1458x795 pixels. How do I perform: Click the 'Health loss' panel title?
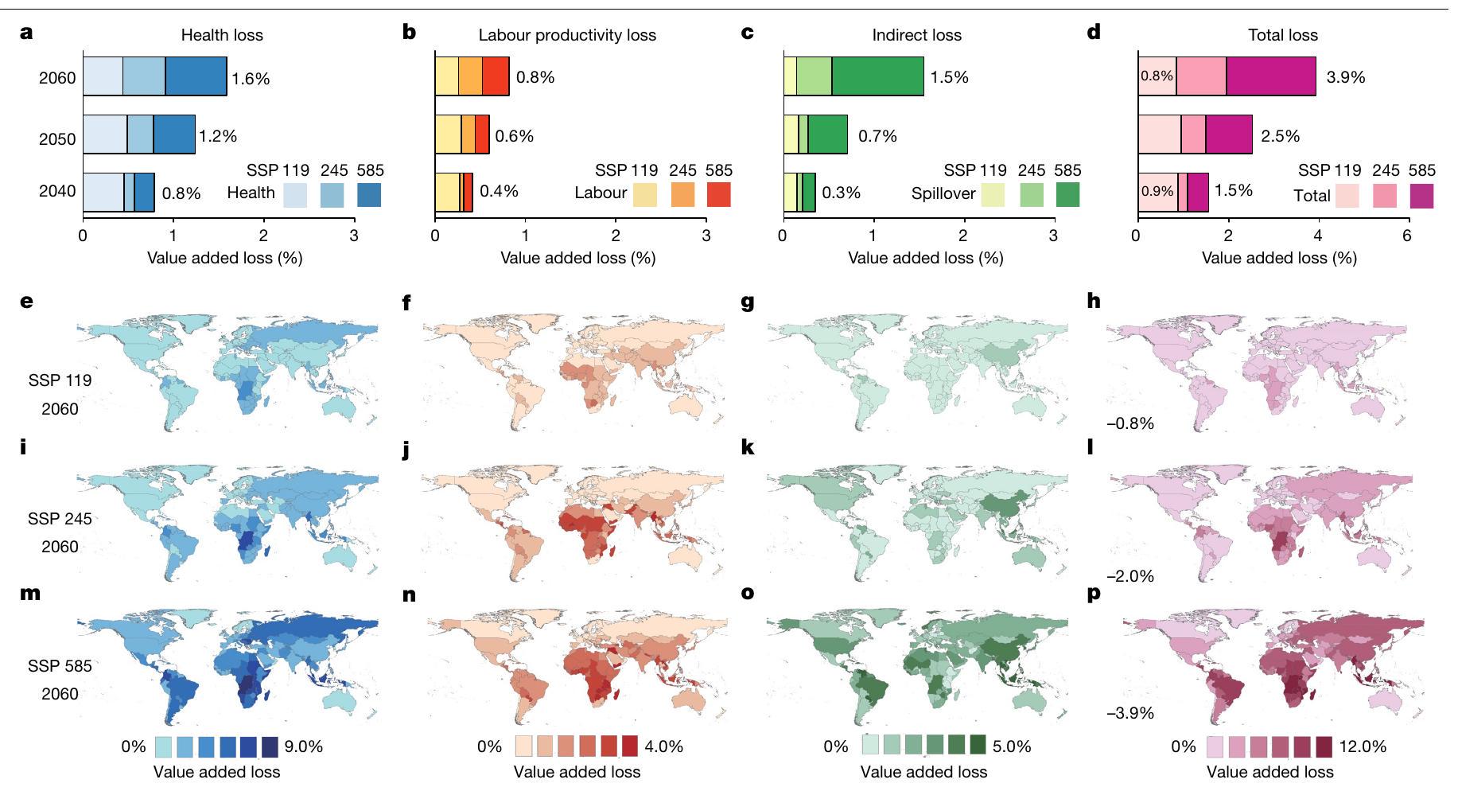coord(222,35)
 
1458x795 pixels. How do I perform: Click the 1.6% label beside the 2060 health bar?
coord(251,79)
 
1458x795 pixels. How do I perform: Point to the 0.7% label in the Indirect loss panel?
coord(877,136)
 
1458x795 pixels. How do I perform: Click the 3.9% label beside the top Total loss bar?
coord(1346,77)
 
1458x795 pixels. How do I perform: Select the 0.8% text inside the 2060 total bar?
coord(1157,76)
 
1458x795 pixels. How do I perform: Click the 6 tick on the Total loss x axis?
coord(1407,236)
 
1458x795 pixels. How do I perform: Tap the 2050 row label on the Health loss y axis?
coord(57,139)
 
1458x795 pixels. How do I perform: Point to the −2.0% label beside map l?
coord(1129,576)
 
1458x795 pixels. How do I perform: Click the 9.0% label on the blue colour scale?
coord(304,746)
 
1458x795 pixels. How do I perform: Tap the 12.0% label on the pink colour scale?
coord(1363,746)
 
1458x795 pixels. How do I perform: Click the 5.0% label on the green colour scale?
coord(1013,746)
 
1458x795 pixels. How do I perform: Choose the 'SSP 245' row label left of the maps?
coord(60,519)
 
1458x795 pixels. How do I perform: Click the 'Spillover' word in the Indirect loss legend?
coord(943,193)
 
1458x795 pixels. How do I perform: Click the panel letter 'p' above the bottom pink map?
coord(1094,594)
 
